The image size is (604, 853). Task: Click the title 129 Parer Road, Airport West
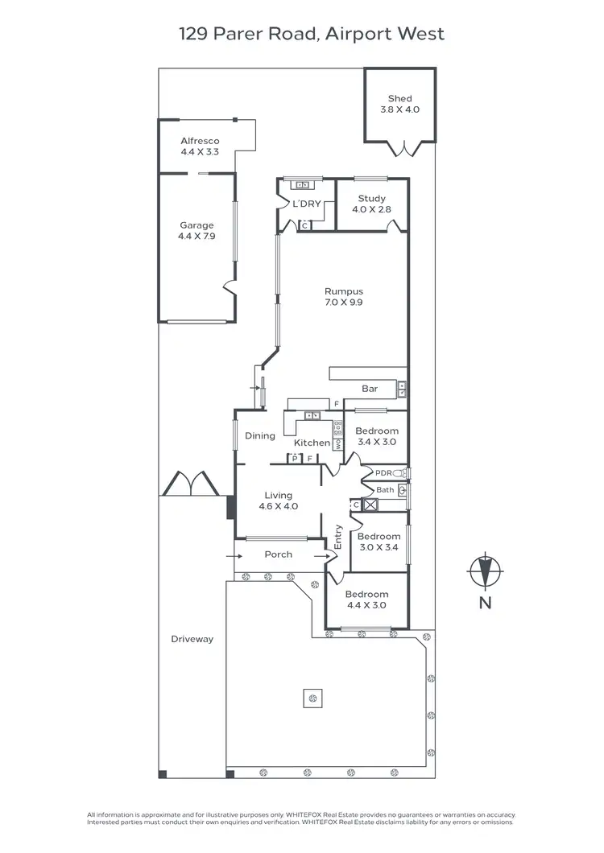coord(311,34)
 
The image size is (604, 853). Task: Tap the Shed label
coord(399,99)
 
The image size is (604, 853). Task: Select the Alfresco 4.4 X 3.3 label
coord(200,146)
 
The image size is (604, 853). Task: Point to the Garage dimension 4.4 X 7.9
coord(197,237)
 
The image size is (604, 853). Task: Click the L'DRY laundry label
coord(306,204)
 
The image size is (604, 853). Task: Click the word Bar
coord(370,389)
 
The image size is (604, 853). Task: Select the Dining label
coord(260,436)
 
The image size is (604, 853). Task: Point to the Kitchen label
coord(312,443)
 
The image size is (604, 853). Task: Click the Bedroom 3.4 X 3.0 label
coord(377,437)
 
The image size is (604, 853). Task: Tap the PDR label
coord(383,473)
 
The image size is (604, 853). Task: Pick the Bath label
coord(385,490)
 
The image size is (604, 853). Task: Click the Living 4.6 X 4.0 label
coord(279,501)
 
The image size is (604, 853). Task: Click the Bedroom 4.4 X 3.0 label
coord(367,600)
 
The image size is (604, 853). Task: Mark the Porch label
coord(279,554)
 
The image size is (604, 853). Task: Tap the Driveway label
coord(192,639)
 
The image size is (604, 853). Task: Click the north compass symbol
coord(485,572)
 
